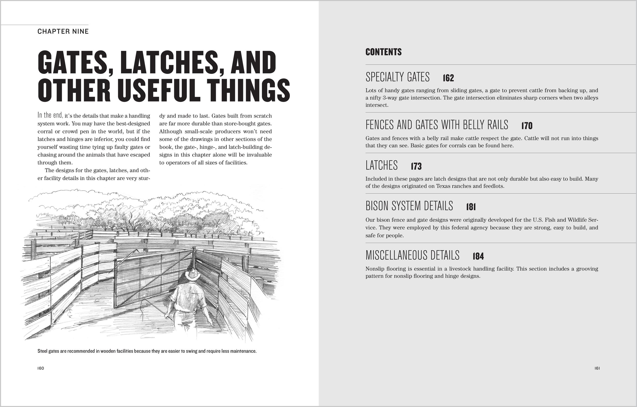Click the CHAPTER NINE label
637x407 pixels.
[63, 32]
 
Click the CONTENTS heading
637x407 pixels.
[383, 52]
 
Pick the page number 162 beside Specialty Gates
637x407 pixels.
[448, 78]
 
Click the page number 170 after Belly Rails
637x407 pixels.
[527, 126]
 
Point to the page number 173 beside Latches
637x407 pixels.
[416, 166]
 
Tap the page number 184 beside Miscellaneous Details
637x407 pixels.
[478, 256]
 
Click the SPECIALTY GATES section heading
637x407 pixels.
[397, 77]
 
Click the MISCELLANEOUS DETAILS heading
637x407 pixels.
[412, 255]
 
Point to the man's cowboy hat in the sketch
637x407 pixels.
[193, 275]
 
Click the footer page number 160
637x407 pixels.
[41, 368]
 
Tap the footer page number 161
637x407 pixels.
[597, 368]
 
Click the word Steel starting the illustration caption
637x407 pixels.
[43, 351]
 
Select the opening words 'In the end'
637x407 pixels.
[50, 115]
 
